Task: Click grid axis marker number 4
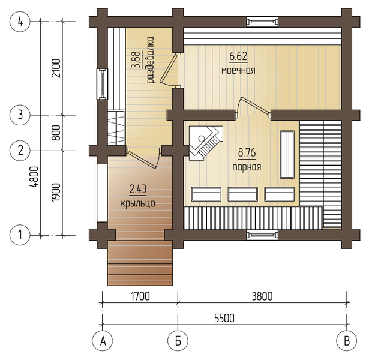click(20, 22)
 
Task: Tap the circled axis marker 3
click(20, 115)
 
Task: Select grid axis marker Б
click(178, 341)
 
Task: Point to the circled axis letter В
click(347, 341)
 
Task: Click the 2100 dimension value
click(56, 68)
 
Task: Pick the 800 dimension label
click(56, 133)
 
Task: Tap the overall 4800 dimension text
click(34, 177)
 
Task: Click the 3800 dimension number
click(262, 296)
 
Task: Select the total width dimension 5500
click(224, 318)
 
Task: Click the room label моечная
click(238, 71)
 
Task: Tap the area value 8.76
click(247, 152)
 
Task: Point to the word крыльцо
click(138, 203)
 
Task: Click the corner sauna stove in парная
click(205, 143)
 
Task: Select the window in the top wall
click(262, 22)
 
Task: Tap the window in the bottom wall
click(262, 235)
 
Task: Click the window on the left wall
click(103, 84)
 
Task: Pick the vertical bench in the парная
click(287, 154)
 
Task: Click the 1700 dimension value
click(140, 296)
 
